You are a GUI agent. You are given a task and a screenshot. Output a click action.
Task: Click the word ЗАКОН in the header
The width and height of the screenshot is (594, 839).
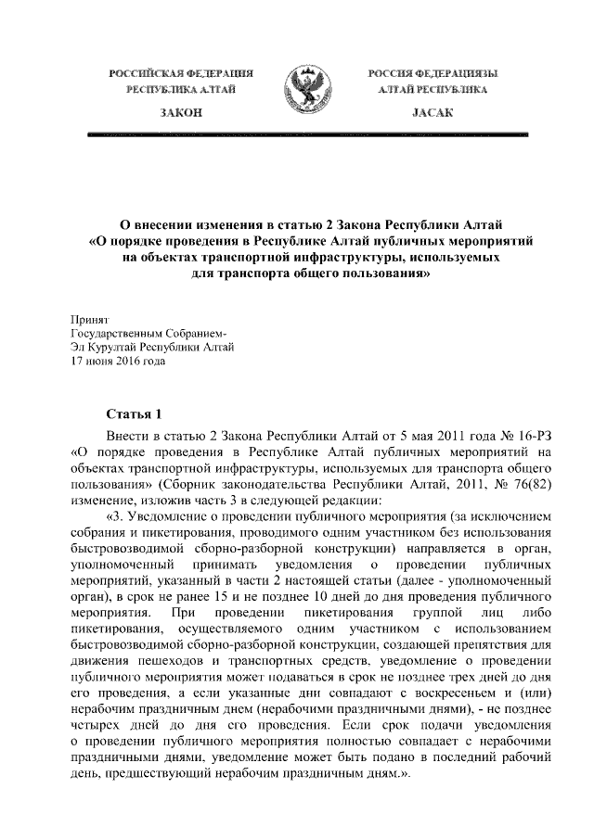(176, 111)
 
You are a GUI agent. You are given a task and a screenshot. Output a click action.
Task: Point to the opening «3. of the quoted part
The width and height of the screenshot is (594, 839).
(119, 518)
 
